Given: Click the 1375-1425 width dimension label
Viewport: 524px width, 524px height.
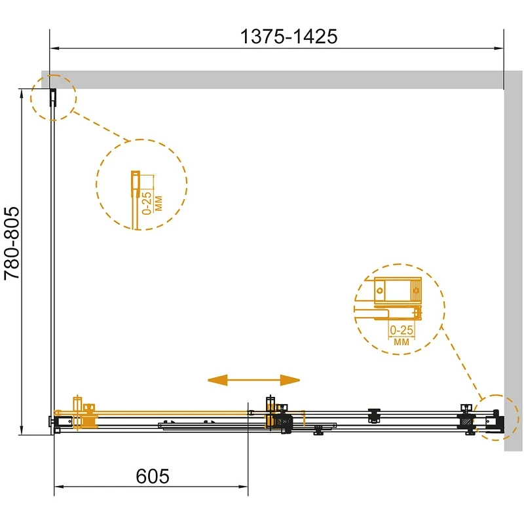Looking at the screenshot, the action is (x=289, y=36).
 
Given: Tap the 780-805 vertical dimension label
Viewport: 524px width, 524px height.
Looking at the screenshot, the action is (x=12, y=243).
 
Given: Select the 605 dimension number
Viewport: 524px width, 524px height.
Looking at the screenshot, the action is (x=153, y=476).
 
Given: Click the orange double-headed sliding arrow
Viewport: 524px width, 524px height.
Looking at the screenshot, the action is (x=253, y=380).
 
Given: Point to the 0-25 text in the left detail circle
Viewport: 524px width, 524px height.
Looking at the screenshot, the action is (x=147, y=203).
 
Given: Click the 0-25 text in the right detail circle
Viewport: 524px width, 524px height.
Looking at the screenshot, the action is (x=402, y=330).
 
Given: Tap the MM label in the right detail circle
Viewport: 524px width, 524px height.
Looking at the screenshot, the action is (x=402, y=342).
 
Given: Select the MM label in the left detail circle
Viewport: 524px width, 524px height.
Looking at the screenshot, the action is (x=159, y=204).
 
